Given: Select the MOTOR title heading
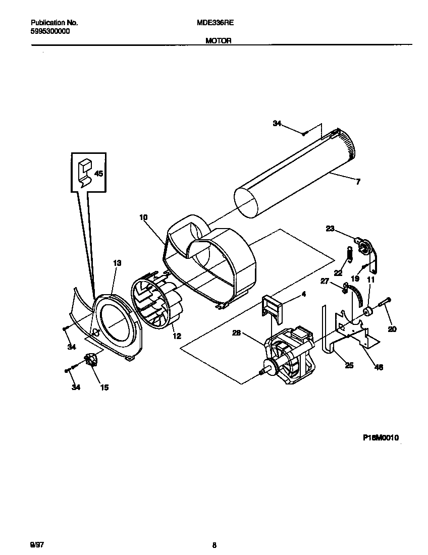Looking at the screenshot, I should (218, 41).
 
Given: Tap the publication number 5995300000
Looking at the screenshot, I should (50, 31).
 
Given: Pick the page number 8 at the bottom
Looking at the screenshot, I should (214, 545).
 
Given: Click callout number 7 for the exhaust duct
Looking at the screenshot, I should (358, 182).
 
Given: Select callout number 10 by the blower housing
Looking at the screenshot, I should (143, 217).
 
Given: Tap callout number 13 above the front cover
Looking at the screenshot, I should (117, 263).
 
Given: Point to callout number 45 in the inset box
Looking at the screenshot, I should (98, 174).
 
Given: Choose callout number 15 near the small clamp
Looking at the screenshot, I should (104, 387).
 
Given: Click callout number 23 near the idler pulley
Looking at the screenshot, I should (330, 229).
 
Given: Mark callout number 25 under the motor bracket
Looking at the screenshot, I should (349, 365).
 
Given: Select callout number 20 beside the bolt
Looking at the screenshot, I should (392, 329).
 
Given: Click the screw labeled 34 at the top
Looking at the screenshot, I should (304, 134).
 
